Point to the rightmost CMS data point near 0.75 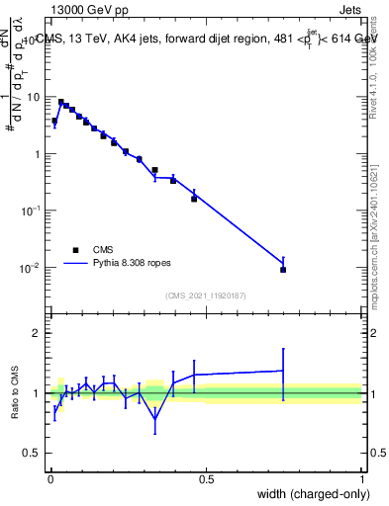[x=283, y=269]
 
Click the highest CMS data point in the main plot [x=60, y=102]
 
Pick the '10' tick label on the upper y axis [x=36, y=97]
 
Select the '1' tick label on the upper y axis [x=40, y=154]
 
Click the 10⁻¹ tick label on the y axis [x=34, y=211]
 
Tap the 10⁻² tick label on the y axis [x=34, y=268]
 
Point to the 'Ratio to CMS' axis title [x=14, y=393]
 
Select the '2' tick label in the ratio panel [x=40, y=333]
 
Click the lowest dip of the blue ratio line [x=154, y=419]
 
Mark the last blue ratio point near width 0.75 [x=283, y=371]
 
